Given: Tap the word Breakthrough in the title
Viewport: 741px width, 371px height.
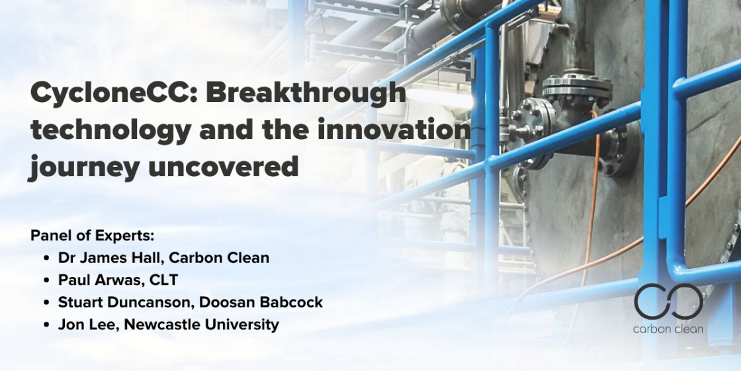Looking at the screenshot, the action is pos(305,93).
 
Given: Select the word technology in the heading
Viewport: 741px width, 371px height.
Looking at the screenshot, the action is pos(110,129).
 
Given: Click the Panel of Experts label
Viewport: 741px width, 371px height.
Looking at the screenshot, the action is pos(93,235).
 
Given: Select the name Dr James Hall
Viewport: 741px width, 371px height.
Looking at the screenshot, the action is pos(110,258).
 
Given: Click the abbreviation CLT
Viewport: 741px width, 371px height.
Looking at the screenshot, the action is pos(163,280).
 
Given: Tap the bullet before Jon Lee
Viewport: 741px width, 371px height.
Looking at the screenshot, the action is pos(46,325).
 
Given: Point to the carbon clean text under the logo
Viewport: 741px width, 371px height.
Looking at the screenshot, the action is pos(668,329).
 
